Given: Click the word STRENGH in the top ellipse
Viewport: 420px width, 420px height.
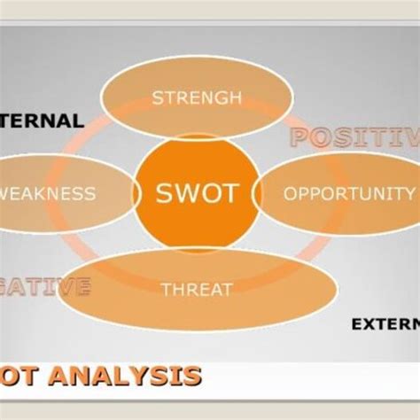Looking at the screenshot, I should tap(196, 97).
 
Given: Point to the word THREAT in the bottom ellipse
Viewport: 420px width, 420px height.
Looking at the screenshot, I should tap(197, 289).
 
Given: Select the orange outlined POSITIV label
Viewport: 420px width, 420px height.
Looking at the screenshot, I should tap(354, 137).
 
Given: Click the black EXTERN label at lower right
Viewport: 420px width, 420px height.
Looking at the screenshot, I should tap(385, 323).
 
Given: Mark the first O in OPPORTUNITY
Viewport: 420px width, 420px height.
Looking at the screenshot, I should tap(290, 192).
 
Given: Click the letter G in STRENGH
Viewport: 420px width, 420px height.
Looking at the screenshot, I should tap(222, 97).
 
